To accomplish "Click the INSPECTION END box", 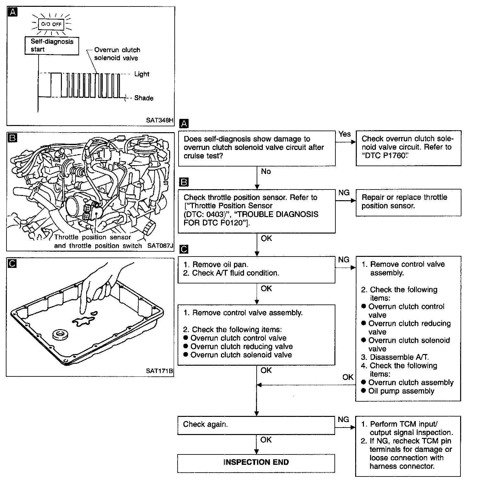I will click(256, 463).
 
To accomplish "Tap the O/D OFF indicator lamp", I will click(51, 24).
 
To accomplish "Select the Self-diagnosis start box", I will click(52, 45).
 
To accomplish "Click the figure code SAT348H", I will click(159, 120).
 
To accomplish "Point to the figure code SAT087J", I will click(160, 246).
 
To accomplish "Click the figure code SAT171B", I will click(159, 371).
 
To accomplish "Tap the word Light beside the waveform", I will click(142, 74).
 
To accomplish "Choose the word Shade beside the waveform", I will click(144, 98).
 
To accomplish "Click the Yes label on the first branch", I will click(344, 134).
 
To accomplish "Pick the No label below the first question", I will click(266, 171).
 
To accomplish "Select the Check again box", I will click(256, 425).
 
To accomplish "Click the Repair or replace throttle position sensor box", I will click(408, 202).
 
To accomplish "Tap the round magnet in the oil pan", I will click(60, 335).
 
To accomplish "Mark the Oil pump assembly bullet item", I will click(401, 391).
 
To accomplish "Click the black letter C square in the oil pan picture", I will click(12, 264).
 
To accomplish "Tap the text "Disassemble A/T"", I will click(399, 357).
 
